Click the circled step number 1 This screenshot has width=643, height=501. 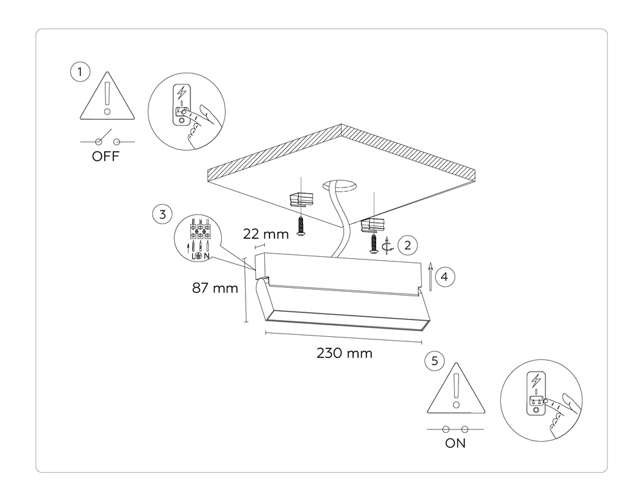[x=80, y=72]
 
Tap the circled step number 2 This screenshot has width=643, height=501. [x=407, y=245]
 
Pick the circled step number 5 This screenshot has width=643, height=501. [x=435, y=361]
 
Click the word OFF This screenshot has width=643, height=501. [x=106, y=156]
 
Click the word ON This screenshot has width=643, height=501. [x=455, y=444]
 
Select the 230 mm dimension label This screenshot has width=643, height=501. [x=344, y=353]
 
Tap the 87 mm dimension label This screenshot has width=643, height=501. [x=215, y=288]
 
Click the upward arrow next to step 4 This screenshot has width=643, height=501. [x=429, y=278]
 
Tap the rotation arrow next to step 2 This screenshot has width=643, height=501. [x=386, y=245]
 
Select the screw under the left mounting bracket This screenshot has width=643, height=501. [x=300, y=226]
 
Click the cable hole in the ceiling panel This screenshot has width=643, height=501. [x=341, y=186]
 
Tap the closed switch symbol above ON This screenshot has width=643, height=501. [x=455, y=428]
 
